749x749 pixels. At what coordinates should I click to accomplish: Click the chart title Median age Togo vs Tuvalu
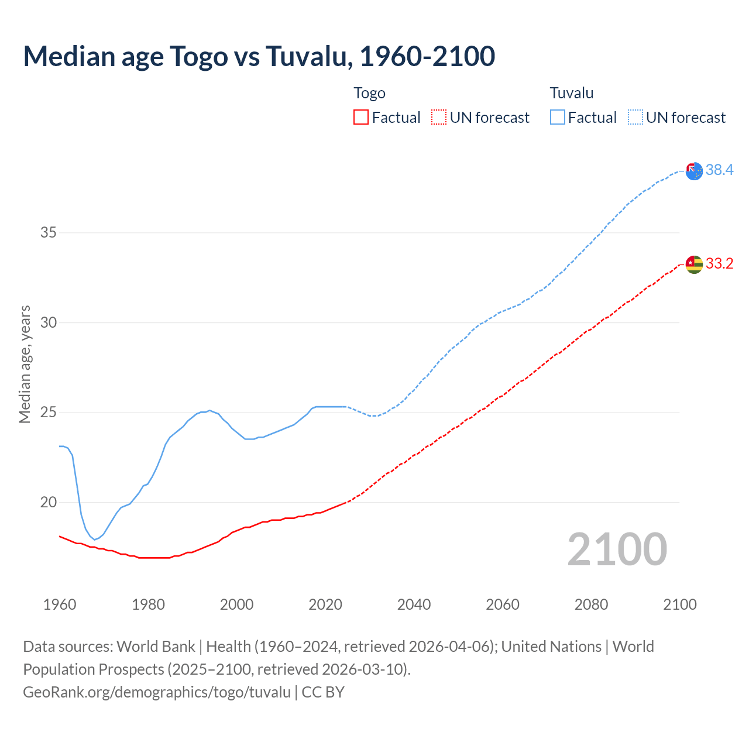[x=259, y=56]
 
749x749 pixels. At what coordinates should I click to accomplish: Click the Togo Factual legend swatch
[x=361, y=117]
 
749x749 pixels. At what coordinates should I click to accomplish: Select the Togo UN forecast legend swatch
[x=439, y=117]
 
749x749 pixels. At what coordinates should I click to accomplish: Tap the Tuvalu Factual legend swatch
[x=557, y=117]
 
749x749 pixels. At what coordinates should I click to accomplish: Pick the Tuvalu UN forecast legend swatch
[x=635, y=117]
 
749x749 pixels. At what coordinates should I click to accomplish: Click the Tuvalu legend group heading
[x=571, y=93]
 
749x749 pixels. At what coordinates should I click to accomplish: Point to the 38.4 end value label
[x=719, y=170]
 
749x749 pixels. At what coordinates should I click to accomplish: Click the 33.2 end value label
[x=719, y=263]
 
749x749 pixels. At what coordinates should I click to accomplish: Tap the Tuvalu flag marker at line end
[x=694, y=171]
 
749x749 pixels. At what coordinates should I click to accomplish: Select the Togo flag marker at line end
[x=694, y=264]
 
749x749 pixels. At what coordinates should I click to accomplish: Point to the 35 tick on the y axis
[x=49, y=232]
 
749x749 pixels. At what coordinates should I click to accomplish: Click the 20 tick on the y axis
[x=49, y=502]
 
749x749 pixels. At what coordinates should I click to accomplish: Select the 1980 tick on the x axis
[x=148, y=604]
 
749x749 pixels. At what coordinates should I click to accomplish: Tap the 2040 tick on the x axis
[x=414, y=604]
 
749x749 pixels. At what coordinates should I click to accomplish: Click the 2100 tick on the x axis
[x=679, y=604]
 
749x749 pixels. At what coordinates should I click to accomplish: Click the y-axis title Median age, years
[x=25, y=363]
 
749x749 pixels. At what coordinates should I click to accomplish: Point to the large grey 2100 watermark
[x=617, y=549]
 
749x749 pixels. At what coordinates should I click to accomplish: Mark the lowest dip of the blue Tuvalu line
[x=95, y=540]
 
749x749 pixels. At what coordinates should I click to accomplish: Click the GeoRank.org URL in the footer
[x=156, y=692]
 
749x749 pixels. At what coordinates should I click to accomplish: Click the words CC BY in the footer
[x=323, y=692]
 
